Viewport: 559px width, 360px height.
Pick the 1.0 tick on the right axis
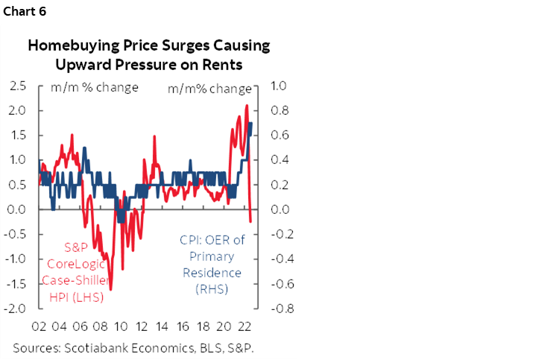click(x=279, y=86)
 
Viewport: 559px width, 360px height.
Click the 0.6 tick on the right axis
click(x=279, y=135)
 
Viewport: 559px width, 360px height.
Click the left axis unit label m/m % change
click(x=94, y=87)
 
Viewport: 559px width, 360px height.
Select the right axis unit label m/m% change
click(x=209, y=89)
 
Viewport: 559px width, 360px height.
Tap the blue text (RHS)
click(x=212, y=288)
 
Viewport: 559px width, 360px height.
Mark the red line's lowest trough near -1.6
click(x=110, y=289)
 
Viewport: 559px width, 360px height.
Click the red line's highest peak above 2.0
click(x=246, y=105)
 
